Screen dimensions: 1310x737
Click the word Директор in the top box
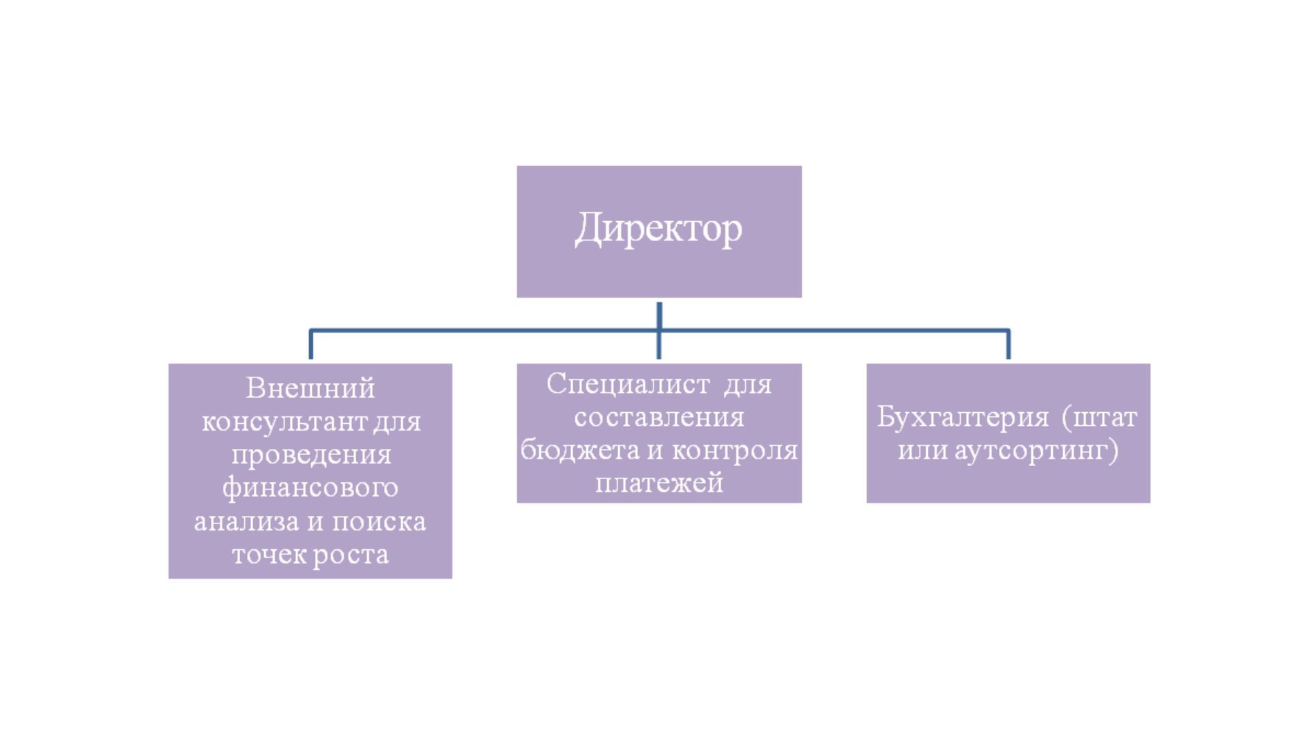(x=658, y=229)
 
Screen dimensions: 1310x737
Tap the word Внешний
(x=310, y=388)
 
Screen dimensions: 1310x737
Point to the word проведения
(x=311, y=455)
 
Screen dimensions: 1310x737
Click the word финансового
(x=310, y=487)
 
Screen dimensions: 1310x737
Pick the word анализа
(x=247, y=521)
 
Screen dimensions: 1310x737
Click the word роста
(x=351, y=554)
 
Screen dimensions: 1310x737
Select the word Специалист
(x=628, y=384)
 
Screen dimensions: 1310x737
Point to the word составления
(x=659, y=416)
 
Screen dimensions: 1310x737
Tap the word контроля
(x=735, y=450)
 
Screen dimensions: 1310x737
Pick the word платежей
(x=659, y=482)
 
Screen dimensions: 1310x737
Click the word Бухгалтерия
(x=963, y=417)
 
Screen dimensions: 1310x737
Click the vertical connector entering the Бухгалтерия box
(x=1008, y=345)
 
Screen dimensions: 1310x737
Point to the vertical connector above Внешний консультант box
(x=311, y=345)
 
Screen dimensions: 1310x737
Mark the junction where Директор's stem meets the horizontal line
(x=659, y=331)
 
